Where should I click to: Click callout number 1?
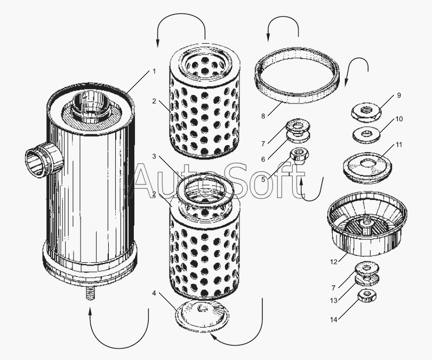click(x=154, y=71)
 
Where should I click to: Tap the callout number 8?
click(x=263, y=116)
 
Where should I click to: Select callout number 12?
click(x=334, y=262)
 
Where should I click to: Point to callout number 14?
click(x=334, y=319)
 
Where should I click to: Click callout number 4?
click(x=154, y=293)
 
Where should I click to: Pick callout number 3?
click(x=154, y=156)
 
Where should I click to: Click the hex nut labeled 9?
click(x=366, y=113)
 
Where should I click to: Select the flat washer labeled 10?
click(x=366, y=135)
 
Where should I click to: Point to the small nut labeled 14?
click(x=367, y=296)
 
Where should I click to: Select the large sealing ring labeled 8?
click(x=297, y=75)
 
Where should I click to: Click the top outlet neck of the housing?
click(x=91, y=106)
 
